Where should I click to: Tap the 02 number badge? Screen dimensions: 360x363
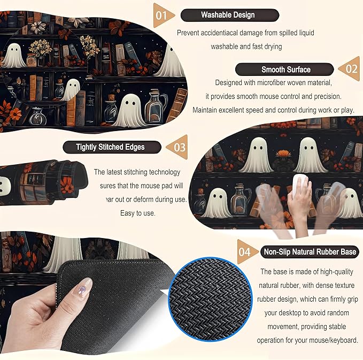pyautogui.click(x=350, y=69)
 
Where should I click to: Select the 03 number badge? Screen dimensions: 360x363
pyautogui.click(x=177, y=146)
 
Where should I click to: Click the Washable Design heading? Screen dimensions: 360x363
pyautogui.click(x=228, y=15)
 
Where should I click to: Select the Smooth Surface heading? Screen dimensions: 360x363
pyautogui.click(x=285, y=69)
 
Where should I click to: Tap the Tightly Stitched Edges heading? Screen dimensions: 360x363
pyautogui.click(x=111, y=147)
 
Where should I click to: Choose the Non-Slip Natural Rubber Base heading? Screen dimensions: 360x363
pyautogui.click(x=308, y=251)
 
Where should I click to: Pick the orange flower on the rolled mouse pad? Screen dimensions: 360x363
pyautogui.click(x=66, y=185)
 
